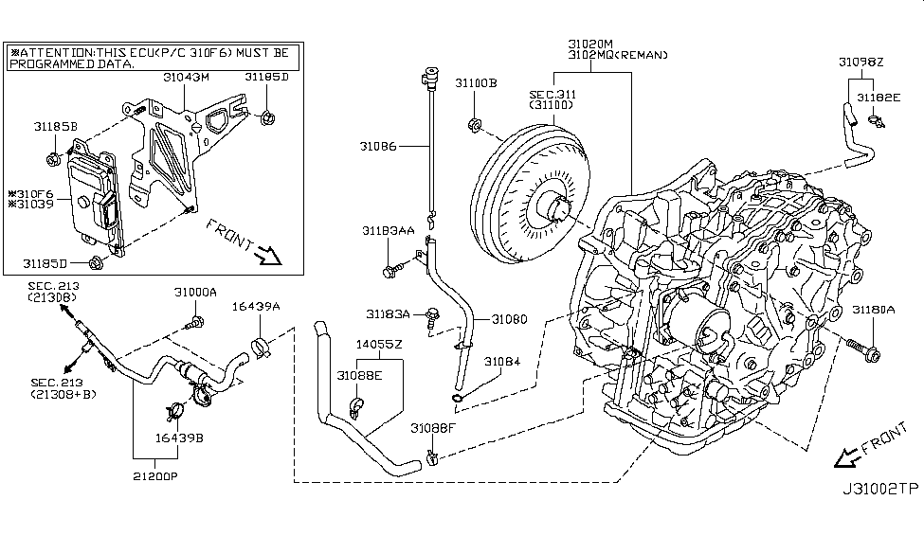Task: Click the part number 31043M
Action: tap(187, 77)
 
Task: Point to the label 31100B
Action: tap(475, 83)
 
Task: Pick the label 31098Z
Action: tap(860, 62)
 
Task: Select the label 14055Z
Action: tap(378, 344)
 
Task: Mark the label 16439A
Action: tap(256, 307)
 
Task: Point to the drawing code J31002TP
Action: tap(879, 490)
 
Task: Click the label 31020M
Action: tap(591, 44)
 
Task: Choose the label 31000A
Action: tap(195, 293)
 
